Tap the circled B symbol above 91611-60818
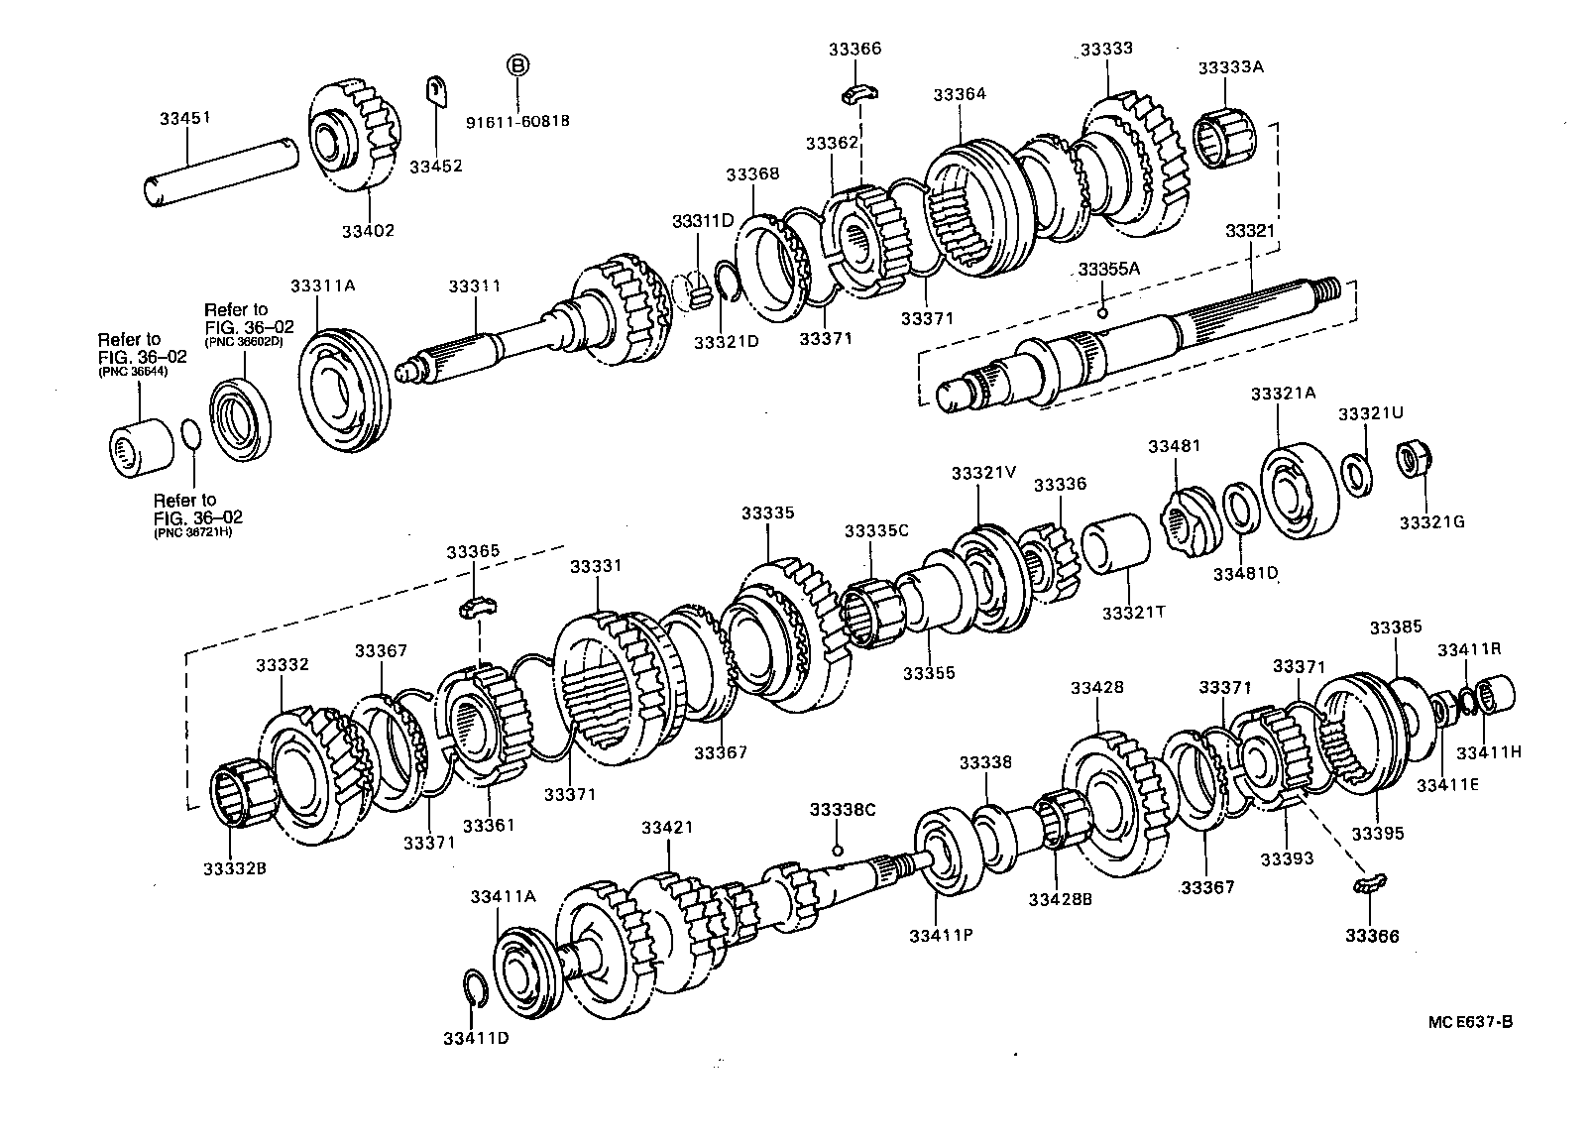[x=518, y=65]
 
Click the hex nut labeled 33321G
[x=1411, y=460]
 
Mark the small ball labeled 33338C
[x=838, y=850]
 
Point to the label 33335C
[x=876, y=530]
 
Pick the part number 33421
[x=666, y=827]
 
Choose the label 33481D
[x=1245, y=573]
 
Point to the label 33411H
[x=1488, y=751]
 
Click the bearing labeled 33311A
[x=343, y=382]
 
